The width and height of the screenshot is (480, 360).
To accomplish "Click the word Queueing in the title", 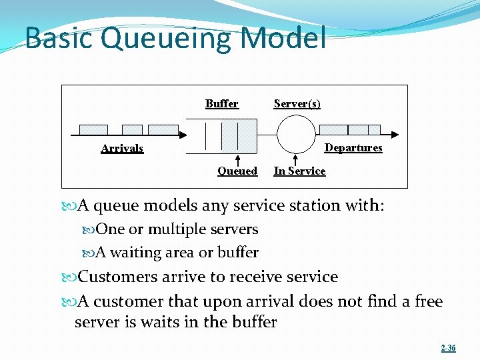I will point(167,39).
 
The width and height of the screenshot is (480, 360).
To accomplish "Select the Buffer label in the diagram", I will point(221,103).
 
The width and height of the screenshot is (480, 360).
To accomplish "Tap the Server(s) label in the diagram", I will point(297,103).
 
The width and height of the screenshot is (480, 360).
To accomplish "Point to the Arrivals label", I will point(122,148).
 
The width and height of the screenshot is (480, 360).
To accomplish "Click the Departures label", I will point(353,147).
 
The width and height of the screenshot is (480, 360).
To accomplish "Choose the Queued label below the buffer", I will point(237,171).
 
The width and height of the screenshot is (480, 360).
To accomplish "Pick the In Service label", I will point(299,171).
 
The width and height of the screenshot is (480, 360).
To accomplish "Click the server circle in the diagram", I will point(296,134).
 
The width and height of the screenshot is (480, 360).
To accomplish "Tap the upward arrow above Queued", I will point(238,159).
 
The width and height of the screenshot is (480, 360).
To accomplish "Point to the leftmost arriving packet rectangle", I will point(93,129).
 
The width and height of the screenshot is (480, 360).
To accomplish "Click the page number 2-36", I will point(448,348).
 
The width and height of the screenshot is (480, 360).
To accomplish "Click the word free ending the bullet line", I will point(428,301).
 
